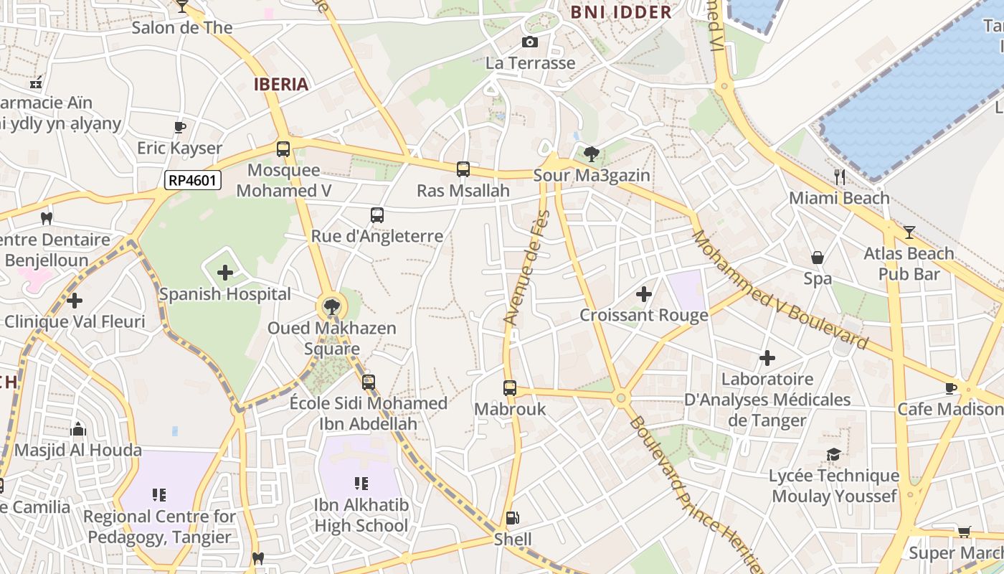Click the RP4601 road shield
[x=192, y=180]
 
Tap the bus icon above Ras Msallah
[x=463, y=169]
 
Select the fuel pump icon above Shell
[x=512, y=517]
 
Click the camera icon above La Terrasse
[x=530, y=42]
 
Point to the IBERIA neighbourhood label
[x=281, y=84]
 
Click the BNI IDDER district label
[x=621, y=11]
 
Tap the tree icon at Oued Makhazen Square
[x=331, y=308]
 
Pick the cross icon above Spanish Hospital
[x=225, y=273]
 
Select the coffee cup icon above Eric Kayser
[x=180, y=127]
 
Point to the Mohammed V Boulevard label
[x=780, y=290]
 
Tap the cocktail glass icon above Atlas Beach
[x=909, y=232]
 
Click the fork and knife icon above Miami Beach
[x=840, y=177]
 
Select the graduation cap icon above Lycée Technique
[x=833, y=454]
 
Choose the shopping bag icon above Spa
[x=818, y=258]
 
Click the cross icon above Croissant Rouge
[x=644, y=293]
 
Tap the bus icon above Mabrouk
[x=510, y=388]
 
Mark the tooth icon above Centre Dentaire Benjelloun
[x=47, y=218]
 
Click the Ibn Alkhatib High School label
[x=361, y=515]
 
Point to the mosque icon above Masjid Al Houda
[x=78, y=429]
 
